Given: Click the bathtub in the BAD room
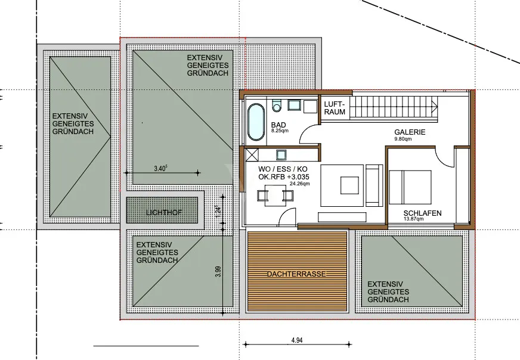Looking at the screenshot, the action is point(256,122).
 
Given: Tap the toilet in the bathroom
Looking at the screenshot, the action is point(276,105).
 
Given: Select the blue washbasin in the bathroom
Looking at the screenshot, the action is point(294,105).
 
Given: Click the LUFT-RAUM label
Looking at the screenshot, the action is point(335,108).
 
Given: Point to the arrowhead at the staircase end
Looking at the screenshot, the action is point(435,107).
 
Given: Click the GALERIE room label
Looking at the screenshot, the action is point(410,132).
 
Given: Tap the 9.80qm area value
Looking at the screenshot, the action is point(403,139).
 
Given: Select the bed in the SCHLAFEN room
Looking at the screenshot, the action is point(410,187).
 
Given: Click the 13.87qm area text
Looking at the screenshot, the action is point(413,219).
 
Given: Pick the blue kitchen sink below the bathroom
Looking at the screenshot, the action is point(281,155).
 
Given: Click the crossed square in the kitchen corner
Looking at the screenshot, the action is point(252,155).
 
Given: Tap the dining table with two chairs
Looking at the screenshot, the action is point(276,195).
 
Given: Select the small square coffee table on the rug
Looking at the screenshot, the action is point(349,185).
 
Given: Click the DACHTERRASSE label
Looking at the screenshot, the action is point(296,274).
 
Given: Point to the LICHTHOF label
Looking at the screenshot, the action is point(164,213).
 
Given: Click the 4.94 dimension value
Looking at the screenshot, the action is point(297,340).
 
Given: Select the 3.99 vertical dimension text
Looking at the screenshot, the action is point(218,272).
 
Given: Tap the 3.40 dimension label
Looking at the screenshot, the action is point(160,169).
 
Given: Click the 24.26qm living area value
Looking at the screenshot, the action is point(299,184).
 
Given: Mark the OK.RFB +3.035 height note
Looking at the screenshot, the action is point(283,176).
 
